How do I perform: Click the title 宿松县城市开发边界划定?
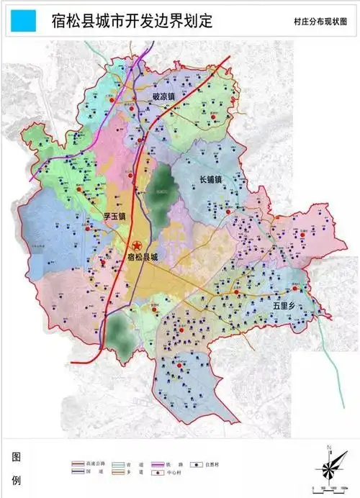pyautogui.click(x=132, y=21)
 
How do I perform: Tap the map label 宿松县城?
pyautogui.click(x=140, y=256)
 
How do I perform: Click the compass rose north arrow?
pyautogui.click(x=328, y=468)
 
